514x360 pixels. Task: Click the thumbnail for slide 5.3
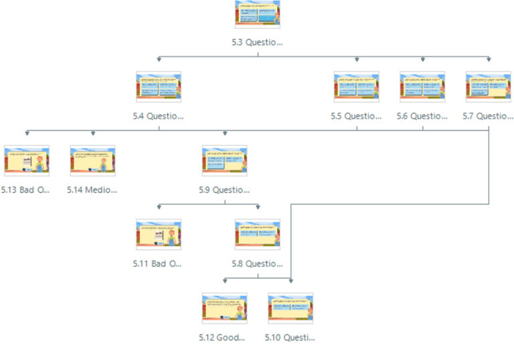258,14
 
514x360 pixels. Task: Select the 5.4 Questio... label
158,116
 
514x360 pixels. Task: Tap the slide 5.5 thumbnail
356,87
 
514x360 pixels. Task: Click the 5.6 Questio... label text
422,116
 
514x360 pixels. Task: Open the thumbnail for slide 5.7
488,87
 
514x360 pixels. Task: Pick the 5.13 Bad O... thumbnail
27,161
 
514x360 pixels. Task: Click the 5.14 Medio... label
92,190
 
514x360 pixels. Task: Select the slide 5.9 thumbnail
224,161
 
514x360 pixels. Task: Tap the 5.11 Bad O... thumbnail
158,234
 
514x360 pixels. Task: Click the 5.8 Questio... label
257,264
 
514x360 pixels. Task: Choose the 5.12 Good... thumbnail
224,308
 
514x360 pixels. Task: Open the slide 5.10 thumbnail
290,308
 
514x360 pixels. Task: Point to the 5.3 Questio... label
258,43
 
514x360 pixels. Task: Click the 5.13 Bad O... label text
26,190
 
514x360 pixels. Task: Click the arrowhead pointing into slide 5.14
93,133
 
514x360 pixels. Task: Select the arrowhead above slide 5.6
422,60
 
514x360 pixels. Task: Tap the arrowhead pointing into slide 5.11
159,207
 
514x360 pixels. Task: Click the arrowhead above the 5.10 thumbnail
290,280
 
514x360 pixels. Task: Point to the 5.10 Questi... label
290,337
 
